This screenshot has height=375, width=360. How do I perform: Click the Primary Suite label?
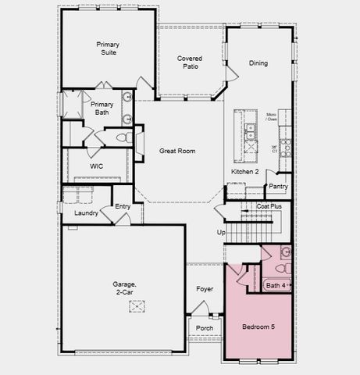[108, 49]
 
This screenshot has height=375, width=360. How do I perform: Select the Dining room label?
[258, 63]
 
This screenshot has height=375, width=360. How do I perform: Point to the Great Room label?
[177, 151]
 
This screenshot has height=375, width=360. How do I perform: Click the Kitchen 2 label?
[244, 171]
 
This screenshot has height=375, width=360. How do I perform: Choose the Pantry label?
[277, 187]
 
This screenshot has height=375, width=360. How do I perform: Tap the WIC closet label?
[96, 166]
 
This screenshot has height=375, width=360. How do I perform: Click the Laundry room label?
[86, 212]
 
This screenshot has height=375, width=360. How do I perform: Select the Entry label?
[123, 206]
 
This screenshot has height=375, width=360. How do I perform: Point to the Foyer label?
[204, 289]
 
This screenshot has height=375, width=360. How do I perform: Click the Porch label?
[205, 327]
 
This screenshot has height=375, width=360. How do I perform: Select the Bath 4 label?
[276, 286]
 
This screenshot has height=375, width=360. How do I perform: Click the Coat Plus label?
[271, 206]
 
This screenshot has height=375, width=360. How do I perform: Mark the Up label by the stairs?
[221, 232]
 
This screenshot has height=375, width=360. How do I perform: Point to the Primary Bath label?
[102, 109]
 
